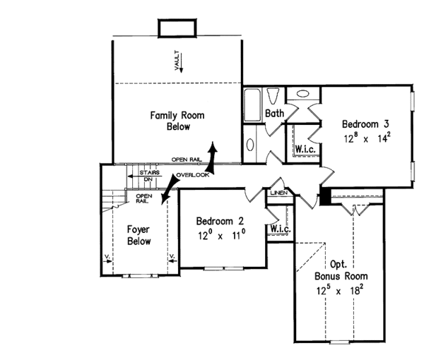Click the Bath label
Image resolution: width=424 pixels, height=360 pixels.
click(274, 113)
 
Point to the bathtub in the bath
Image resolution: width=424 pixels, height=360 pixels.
click(252, 105)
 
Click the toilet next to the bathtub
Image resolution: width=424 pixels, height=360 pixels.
click(276, 95)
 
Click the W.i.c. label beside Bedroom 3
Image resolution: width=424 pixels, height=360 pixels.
click(305, 149)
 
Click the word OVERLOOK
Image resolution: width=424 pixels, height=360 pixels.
click(193, 174)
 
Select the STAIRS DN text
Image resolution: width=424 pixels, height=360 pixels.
click(148, 176)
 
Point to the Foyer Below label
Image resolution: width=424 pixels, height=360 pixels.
click(138, 235)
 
